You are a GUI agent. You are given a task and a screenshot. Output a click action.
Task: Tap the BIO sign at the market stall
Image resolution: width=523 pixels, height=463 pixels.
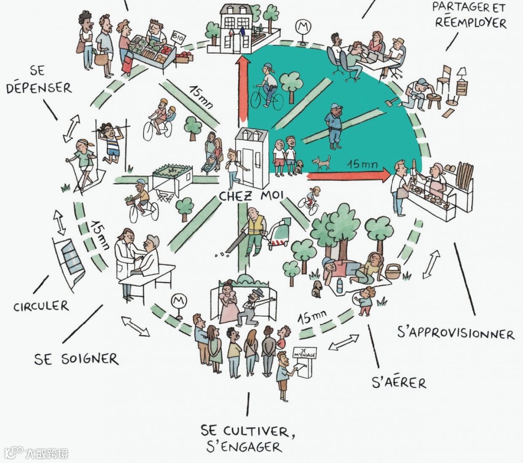click(178, 38)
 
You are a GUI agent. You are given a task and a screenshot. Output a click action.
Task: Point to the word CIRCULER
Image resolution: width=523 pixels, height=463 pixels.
click(41, 307)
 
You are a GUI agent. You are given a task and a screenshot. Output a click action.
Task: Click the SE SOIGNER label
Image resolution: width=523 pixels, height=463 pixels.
click(76, 360)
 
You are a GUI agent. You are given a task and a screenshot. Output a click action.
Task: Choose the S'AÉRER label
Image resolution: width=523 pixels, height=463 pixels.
click(399, 383)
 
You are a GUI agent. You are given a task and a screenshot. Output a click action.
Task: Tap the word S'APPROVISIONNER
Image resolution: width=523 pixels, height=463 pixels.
click(455, 333)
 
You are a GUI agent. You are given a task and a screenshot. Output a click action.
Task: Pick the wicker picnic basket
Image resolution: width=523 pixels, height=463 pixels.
click(392, 271)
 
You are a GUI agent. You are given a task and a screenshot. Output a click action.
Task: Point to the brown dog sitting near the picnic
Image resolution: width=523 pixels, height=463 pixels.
click(318, 288)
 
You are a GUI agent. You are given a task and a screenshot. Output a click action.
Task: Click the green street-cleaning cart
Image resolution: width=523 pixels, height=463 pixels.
click(279, 234)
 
